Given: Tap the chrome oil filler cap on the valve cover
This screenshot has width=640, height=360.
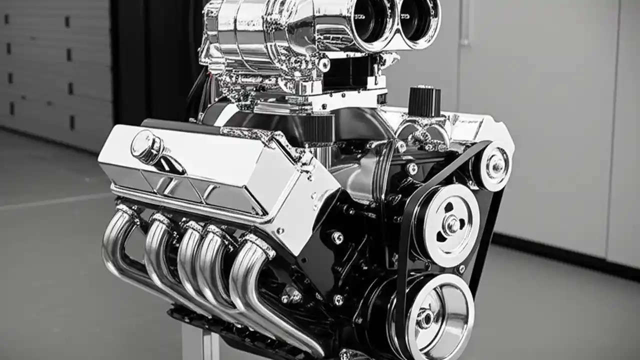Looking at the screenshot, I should (146, 147).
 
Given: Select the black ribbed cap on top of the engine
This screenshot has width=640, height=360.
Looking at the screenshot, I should (424, 101).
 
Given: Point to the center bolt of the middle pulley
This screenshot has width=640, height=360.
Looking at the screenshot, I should (451, 224).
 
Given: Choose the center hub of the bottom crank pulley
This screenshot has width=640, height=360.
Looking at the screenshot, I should (425, 318).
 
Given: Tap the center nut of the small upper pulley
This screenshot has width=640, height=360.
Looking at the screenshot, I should (496, 166).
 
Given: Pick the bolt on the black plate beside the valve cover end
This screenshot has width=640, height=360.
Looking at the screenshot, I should (337, 238).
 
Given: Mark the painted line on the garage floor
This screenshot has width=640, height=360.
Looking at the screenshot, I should (50, 203).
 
